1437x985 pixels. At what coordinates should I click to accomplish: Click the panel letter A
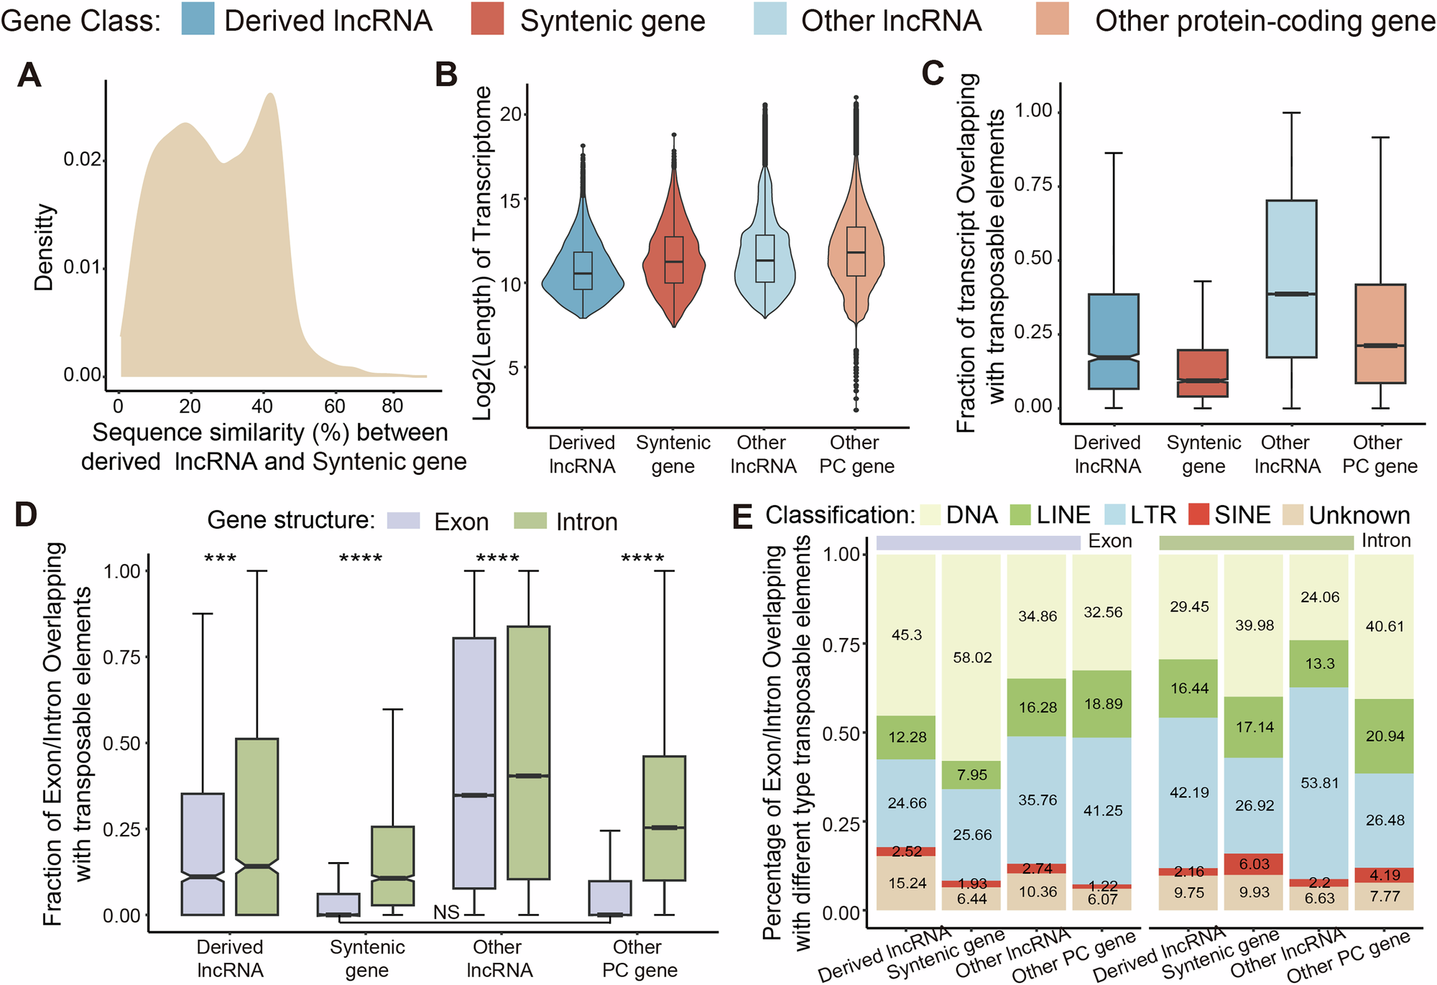coord(29,75)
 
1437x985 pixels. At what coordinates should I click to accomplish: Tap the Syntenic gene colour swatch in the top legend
coord(486,19)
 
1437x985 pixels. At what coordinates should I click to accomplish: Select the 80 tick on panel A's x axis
coord(392,406)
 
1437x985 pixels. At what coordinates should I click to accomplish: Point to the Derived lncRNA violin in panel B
coord(583,273)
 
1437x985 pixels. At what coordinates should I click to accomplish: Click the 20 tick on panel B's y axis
coord(510,114)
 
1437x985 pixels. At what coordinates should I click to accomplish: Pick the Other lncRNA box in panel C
coord(1291,279)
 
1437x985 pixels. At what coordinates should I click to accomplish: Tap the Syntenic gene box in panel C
coord(1202,373)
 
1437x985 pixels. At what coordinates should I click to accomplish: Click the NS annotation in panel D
coord(446,912)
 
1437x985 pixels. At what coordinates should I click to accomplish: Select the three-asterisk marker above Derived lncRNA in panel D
coord(220,559)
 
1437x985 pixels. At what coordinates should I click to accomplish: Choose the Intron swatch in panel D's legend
coord(531,521)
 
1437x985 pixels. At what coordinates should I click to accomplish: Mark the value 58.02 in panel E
coord(972,657)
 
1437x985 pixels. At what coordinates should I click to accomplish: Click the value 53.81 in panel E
coord(1320,782)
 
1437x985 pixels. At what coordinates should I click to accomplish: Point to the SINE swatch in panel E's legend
coord(1198,514)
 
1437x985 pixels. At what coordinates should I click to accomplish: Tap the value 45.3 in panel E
coord(907,635)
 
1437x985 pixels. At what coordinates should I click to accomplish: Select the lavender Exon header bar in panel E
coord(978,542)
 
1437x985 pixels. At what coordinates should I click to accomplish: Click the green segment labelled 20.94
coord(1385,736)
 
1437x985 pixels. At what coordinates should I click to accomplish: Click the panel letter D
coord(26,514)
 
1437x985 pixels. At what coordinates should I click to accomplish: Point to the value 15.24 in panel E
coord(907,883)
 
